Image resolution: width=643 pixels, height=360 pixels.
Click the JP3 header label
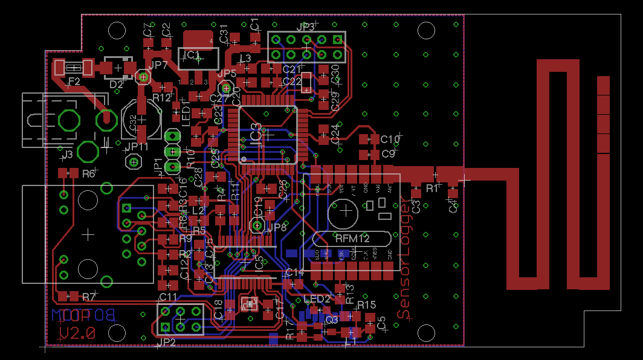306,27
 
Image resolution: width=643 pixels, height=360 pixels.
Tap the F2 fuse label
75,81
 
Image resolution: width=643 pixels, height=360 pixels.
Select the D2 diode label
116,85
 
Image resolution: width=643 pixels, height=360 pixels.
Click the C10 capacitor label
390,140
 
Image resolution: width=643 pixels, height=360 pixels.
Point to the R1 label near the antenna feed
432,188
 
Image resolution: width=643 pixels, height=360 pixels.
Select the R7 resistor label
89,297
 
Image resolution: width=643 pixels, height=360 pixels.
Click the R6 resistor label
88,173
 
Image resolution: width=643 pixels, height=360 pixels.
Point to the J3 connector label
67,155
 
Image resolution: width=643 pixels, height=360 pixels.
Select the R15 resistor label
366,305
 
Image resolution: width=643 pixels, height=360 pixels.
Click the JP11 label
137,146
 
